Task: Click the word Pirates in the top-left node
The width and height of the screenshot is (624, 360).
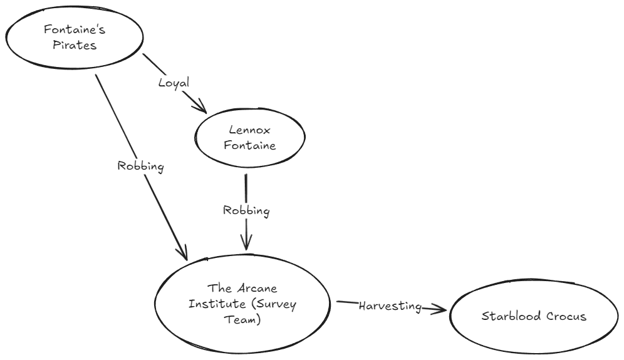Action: click(x=70, y=45)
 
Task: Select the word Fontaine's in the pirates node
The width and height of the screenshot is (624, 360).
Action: click(x=70, y=29)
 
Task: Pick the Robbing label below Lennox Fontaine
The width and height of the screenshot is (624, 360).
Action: click(x=246, y=210)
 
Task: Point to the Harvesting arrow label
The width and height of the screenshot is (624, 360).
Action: click(x=389, y=306)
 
